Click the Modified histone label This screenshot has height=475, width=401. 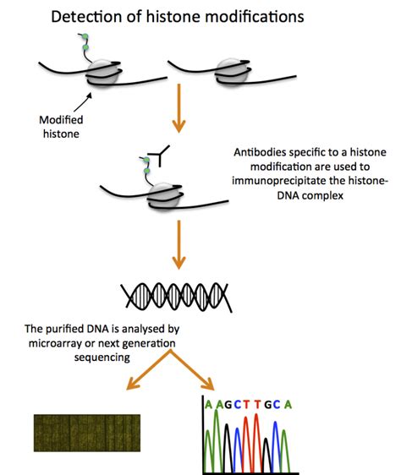click(x=62, y=128)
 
